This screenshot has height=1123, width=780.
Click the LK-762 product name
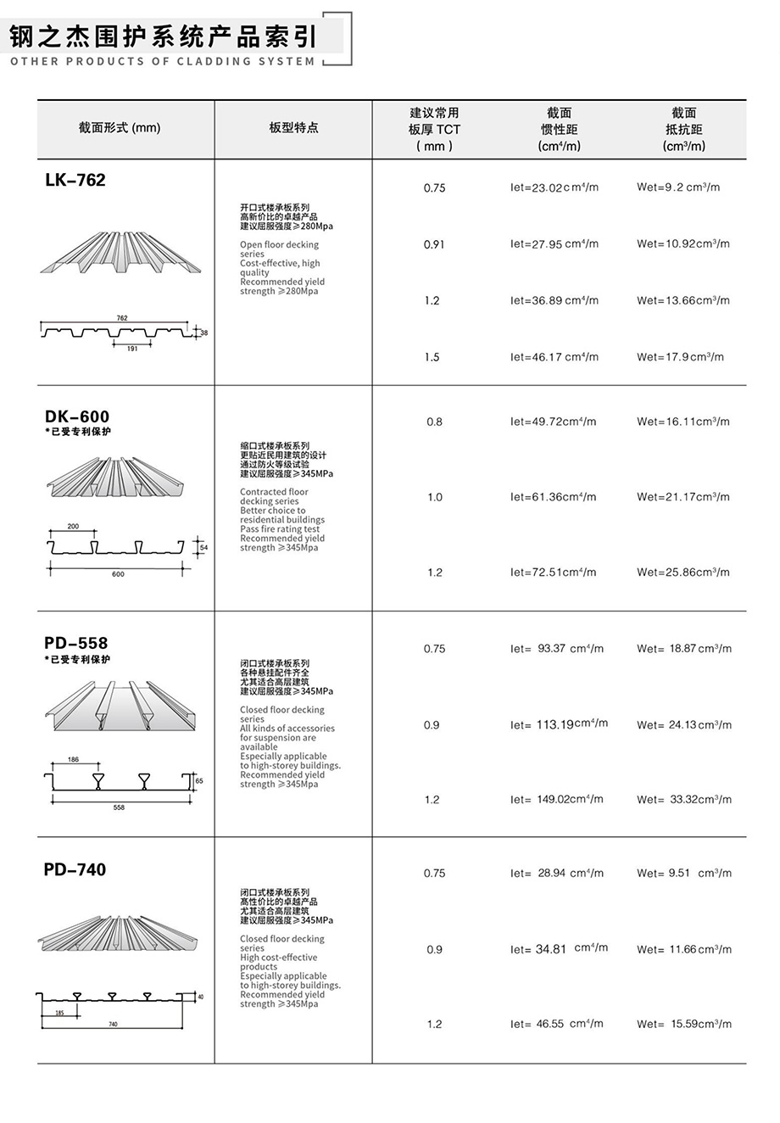point(75,180)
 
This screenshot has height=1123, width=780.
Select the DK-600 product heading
point(77,416)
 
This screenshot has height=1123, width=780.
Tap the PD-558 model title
point(76,643)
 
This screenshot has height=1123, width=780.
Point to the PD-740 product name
point(75,869)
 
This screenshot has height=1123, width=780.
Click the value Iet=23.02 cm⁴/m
point(554,187)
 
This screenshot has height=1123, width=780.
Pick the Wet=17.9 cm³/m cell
point(680,357)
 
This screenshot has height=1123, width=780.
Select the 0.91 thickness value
point(434,244)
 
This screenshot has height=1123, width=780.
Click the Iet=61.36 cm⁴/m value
point(554,497)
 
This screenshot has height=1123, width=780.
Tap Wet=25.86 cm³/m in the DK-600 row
point(683,573)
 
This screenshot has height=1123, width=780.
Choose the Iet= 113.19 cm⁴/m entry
point(559,724)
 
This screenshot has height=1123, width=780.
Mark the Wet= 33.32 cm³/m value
point(683,800)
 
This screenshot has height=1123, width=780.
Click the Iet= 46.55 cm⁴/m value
point(556,1025)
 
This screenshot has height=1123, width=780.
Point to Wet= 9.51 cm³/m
point(683,874)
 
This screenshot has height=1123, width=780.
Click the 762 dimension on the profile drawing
point(122,318)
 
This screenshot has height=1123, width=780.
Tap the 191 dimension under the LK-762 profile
point(132,349)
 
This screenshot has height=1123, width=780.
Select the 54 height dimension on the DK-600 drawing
point(203,548)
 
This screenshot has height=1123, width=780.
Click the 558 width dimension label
point(119,807)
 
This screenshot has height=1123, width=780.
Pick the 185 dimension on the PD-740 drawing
point(59,1013)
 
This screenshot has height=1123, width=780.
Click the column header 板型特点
point(293,128)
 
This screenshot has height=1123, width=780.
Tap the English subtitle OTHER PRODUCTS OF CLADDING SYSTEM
point(163,61)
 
